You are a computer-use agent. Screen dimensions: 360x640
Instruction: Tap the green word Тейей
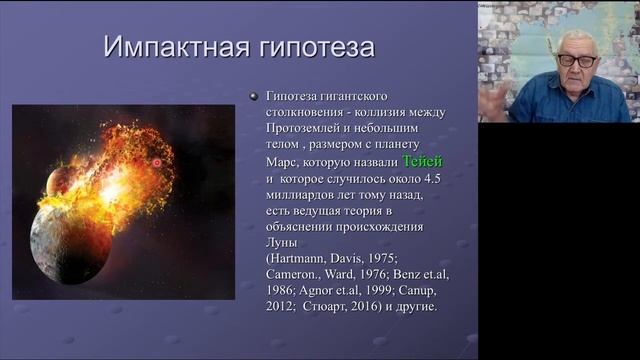(421, 161)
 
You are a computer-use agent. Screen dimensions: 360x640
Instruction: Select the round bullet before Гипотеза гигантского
(253, 95)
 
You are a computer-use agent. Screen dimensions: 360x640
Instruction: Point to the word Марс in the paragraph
(282, 161)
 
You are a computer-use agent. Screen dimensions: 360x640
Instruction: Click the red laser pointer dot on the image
(156, 162)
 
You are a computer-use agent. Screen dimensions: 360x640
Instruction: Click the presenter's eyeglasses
(575, 60)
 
